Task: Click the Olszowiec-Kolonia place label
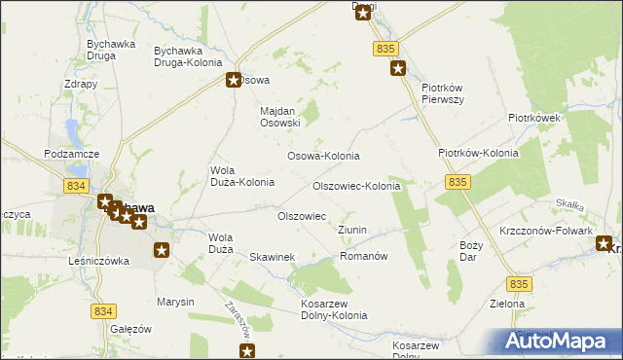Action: pyautogui.click(x=355, y=186)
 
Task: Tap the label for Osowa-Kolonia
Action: pyautogui.click(x=322, y=156)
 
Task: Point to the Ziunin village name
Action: pyautogui.click(x=351, y=230)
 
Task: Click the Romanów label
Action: pyautogui.click(x=364, y=256)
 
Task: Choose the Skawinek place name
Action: pyautogui.click(x=272, y=257)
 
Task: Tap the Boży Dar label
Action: pyautogui.click(x=470, y=251)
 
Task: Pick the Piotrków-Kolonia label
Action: pyautogui.click(x=478, y=153)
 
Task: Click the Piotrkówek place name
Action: pyautogui.click(x=534, y=118)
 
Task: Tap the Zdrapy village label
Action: pyautogui.click(x=81, y=84)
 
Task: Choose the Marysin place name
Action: pyautogui.click(x=175, y=302)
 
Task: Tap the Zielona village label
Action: pyautogui.click(x=507, y=304)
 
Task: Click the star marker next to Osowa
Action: pyautogui.click(x=234, y=81)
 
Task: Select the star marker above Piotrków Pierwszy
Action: pyautogui.click(x=397, y=68)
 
